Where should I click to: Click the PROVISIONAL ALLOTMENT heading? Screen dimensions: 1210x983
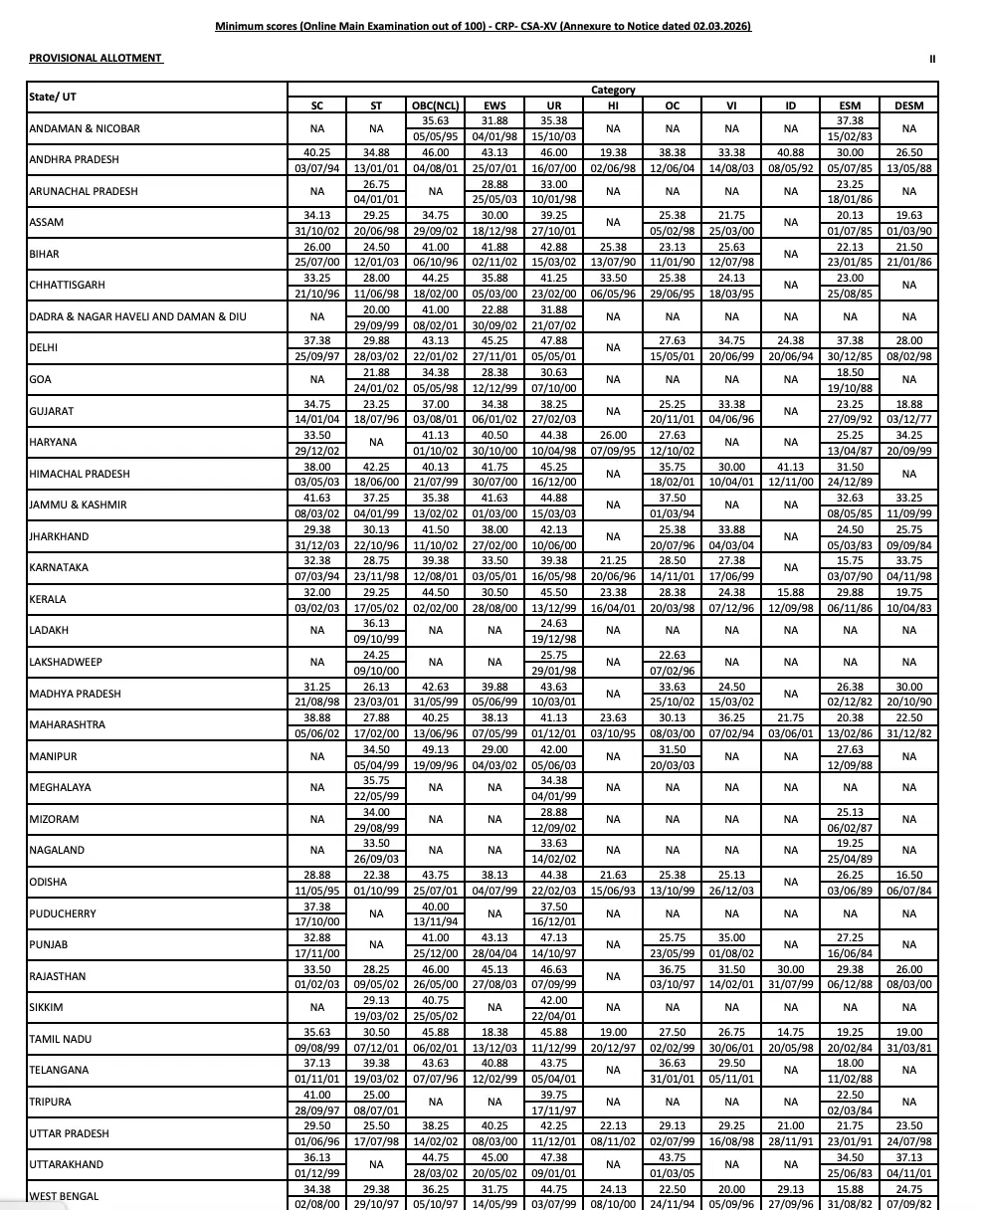(96, 59)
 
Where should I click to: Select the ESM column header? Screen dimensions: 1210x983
(850, 105)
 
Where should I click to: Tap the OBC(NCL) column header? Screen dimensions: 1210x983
(435, 105)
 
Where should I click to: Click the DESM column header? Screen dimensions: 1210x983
(908, 105)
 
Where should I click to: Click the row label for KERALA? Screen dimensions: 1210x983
(48, 599)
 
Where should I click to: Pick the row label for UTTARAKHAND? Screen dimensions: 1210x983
(63, 1164)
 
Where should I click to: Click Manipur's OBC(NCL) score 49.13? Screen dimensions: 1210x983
(435, 749)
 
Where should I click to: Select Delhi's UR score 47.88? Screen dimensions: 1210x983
(553, 341)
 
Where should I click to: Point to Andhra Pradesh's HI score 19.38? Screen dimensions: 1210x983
(613, 153)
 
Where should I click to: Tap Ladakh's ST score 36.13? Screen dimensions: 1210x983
(376, 624)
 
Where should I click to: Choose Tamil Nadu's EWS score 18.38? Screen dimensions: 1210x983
(494, 1032)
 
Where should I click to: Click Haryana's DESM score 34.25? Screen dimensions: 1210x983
(908, 436)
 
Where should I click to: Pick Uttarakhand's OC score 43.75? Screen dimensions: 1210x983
(672, 1157)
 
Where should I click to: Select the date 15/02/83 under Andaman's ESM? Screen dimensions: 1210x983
(850, 136)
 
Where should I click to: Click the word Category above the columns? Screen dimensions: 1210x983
(613, 91)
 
